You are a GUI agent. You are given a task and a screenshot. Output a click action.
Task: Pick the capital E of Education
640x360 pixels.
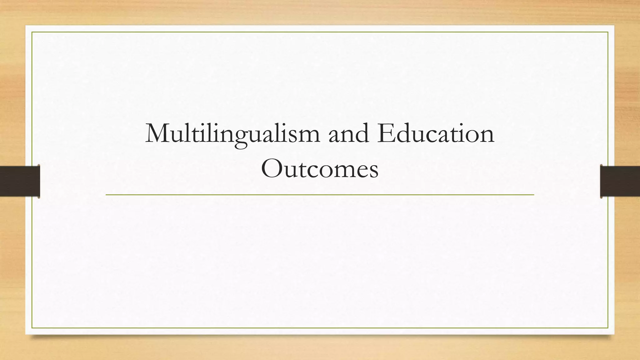tap(385, 133)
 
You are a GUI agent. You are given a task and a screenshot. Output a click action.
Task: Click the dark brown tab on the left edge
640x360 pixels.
tap(20, 181)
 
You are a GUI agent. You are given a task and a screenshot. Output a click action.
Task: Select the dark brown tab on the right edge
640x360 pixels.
tap(620, 181)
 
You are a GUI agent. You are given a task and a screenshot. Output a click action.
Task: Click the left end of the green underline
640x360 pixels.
tap(106, 195)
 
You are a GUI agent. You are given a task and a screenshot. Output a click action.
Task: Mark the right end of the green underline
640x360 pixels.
tap(533, 195)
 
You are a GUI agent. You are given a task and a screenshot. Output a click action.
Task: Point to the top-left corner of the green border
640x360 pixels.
tap(32, 32)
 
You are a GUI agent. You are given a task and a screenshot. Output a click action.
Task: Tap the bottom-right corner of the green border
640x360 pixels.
tap(608, 328)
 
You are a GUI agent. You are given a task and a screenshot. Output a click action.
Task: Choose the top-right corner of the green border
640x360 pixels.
tap(608, 32)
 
